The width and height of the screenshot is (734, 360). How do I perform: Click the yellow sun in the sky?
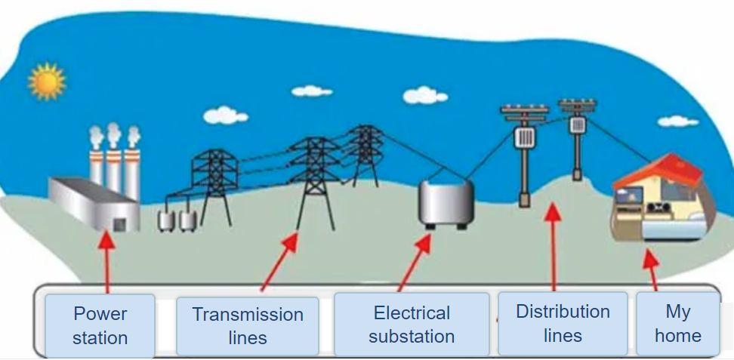pos(47,82)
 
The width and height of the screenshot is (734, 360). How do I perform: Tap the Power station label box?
pos(100,325)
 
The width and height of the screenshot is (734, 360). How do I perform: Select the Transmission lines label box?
pos(248,326)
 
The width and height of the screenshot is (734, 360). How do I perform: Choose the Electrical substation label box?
pos(412,325)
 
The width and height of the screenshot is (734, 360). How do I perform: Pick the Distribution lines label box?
pos(563,323)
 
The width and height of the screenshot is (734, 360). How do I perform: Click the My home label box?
pos(677,324)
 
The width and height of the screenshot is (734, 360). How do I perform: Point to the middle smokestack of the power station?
pos(113,162)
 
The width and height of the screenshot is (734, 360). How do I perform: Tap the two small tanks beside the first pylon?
pos(177,220)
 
